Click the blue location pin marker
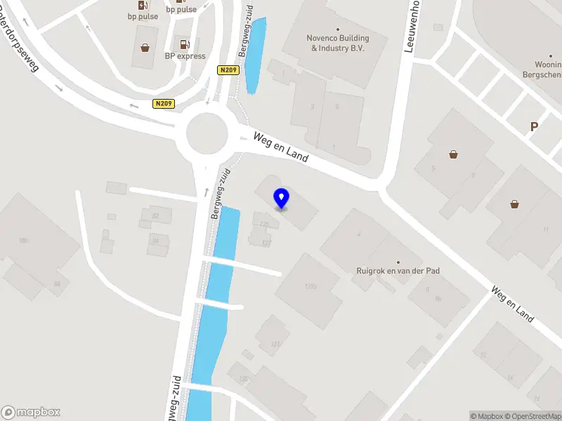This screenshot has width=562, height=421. click(x=282, y=199)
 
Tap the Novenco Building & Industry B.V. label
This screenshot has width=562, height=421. click(x=337, y=43)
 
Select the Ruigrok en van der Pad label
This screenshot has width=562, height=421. click(x=398, y=270)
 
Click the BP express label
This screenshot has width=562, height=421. click(x=185, y=56)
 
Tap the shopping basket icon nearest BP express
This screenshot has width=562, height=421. click(x=145, y=48)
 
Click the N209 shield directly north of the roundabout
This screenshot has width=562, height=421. click(x=229, y=70)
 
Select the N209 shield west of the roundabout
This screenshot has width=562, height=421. click(x=164, y=104)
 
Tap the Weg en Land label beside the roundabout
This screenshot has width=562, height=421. click(x=281, y=147)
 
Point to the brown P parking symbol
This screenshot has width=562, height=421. click(x=534, y=127)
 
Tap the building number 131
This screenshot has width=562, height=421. click(x=275, y=344)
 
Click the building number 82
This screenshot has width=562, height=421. click(x=156, y=215)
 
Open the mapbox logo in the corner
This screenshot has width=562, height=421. click(x=31, y=413)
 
